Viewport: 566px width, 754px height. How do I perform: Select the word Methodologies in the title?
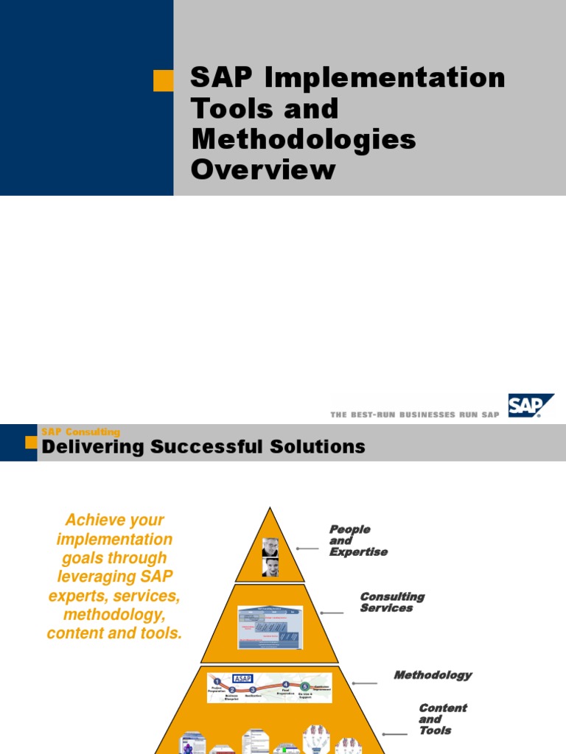tap(303, 139)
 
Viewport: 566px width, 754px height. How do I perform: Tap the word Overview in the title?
tap(263, 170)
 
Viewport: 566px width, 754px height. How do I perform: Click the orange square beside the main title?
tap(163, 80)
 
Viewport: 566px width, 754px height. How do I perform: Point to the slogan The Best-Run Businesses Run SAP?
tap(415, 415)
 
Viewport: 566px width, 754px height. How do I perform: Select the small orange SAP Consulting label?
tap(80, 432)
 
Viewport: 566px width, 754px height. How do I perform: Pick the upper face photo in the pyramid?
tap(270, 547)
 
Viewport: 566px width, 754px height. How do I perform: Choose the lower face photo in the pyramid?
tap(270, 567)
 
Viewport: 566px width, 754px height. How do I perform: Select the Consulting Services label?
tap(392, 602)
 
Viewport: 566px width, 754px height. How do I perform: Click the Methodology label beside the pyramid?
tap(433, 674)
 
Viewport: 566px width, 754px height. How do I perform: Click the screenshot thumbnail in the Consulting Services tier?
tap(270, 627)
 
